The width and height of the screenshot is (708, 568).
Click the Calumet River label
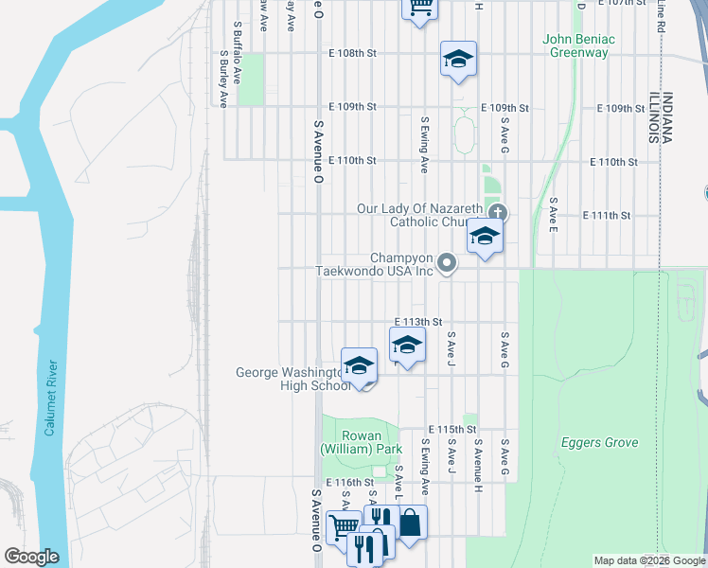pyautogui.click(x=51, y=398)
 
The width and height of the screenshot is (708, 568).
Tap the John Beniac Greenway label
pyautogui.click(x=578, y=45)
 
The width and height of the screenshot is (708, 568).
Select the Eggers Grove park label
pyautogui.click(x=598, y=442)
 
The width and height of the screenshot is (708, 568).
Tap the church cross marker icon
pyautogui.click(x=498, y=213)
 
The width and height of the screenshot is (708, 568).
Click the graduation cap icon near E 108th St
pyautogui.click(x=458, y=60)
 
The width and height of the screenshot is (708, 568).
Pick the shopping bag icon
pyautogui.click(x=411, y=522)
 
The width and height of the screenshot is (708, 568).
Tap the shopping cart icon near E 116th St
pyautogui.click(x=342, y=526)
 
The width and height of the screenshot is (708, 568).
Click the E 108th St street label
pyautogui.click(x=352, y=54)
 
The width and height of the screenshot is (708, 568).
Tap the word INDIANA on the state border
pyautogui.click(x=667, y=117)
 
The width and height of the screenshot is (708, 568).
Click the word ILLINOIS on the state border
pyautogui.click(x=653, y=117)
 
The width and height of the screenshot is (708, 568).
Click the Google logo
pyautogui.click(x=31, y=557)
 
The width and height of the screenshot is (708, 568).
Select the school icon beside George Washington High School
pyautogui.click(x=360, y=366)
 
